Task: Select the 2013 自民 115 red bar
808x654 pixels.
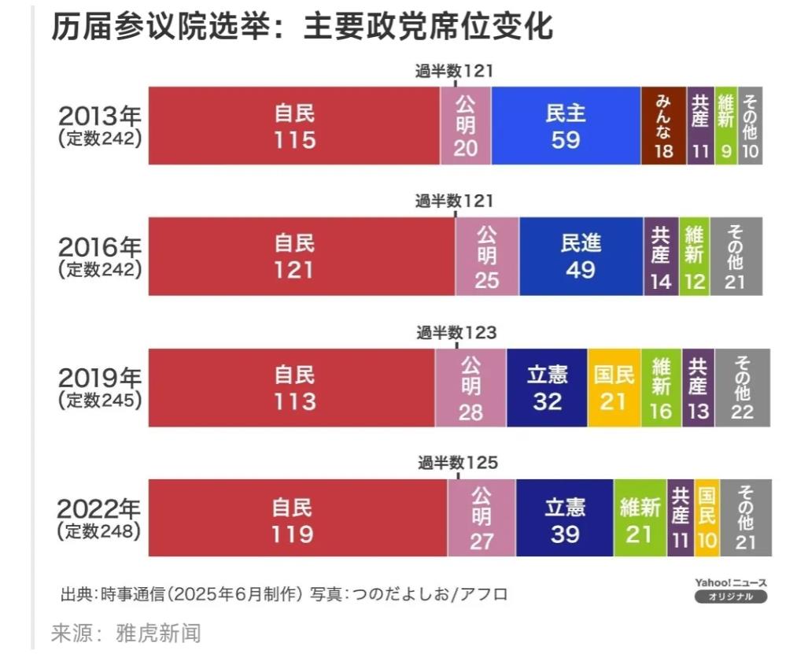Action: click(x=294, y=126)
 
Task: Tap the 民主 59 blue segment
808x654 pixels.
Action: click(x=566, y=126)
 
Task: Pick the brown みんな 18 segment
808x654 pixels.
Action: click(x=664, y=126)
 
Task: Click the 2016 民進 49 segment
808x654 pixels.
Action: click(x=581, y=257)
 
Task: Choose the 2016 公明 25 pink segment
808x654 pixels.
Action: click(x=487, y=257)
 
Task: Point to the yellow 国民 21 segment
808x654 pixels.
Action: click(x=614, y=388)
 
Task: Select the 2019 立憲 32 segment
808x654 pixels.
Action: click(x=547, y=388)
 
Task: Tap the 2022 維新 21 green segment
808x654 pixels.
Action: click(x=640, y=519)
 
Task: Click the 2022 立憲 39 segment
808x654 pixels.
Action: click(x=565, y=519)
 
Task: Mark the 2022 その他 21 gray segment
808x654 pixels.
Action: click(x=746, y=519)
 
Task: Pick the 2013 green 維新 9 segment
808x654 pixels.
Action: click(x=726, y=126)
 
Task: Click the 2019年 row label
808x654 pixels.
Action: click(x=99, y=387)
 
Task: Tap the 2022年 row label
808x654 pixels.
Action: click(x=99, y=519)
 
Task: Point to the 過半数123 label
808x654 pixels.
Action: click(x=457, y=333)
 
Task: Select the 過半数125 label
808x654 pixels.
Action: click(x=458, y=464)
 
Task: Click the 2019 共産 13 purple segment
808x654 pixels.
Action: click(x=698, y=388)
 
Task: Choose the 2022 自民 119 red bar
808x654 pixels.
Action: click(x=298, y=519)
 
